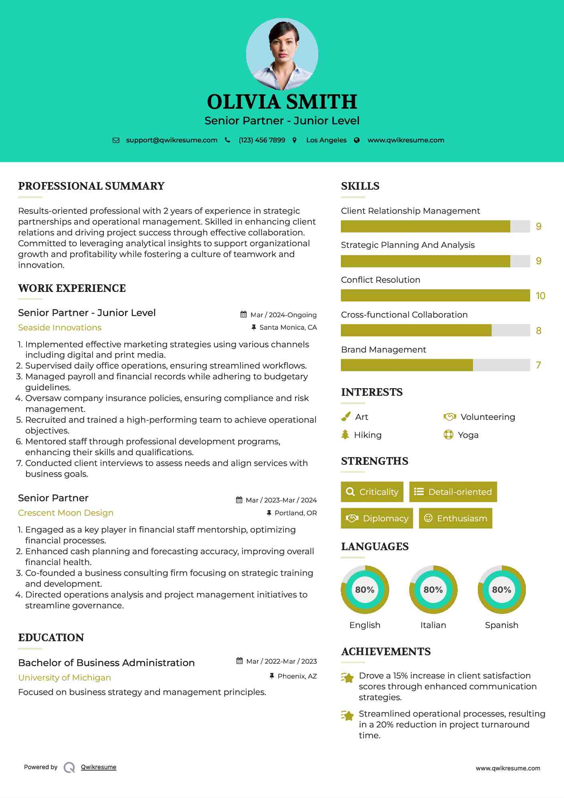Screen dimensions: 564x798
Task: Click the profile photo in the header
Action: click(282, 54)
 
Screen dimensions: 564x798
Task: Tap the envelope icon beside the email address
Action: click(116, 140)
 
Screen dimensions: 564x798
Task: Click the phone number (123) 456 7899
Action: click(262, 140)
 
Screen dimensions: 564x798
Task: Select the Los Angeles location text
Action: click(326, 140)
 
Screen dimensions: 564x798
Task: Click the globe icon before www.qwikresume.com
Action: click(357, 140)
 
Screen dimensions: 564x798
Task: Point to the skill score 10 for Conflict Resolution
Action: click(540, 296)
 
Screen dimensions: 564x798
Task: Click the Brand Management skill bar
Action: click(435, 365)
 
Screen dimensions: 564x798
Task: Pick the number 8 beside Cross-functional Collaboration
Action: click(538, 331)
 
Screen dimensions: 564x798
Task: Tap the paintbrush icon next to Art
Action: click(346, 417)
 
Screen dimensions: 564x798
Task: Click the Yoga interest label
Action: click(468, 435)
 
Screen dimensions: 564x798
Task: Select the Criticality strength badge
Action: click(372, 492)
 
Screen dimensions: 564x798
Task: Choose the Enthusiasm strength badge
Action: click(455, 518)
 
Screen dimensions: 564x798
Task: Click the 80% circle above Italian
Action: click(433, 590)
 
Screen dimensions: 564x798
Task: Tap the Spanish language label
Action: click(501, 625)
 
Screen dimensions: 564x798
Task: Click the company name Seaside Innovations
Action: click(60, 328)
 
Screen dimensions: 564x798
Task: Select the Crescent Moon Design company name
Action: click(66, 513)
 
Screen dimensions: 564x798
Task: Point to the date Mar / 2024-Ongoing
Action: click(283, 315)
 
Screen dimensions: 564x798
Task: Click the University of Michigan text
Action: click(65, 678)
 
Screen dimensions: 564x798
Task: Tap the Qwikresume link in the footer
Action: click(99, 767)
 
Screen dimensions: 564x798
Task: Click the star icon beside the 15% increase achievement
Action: click(348, 678)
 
